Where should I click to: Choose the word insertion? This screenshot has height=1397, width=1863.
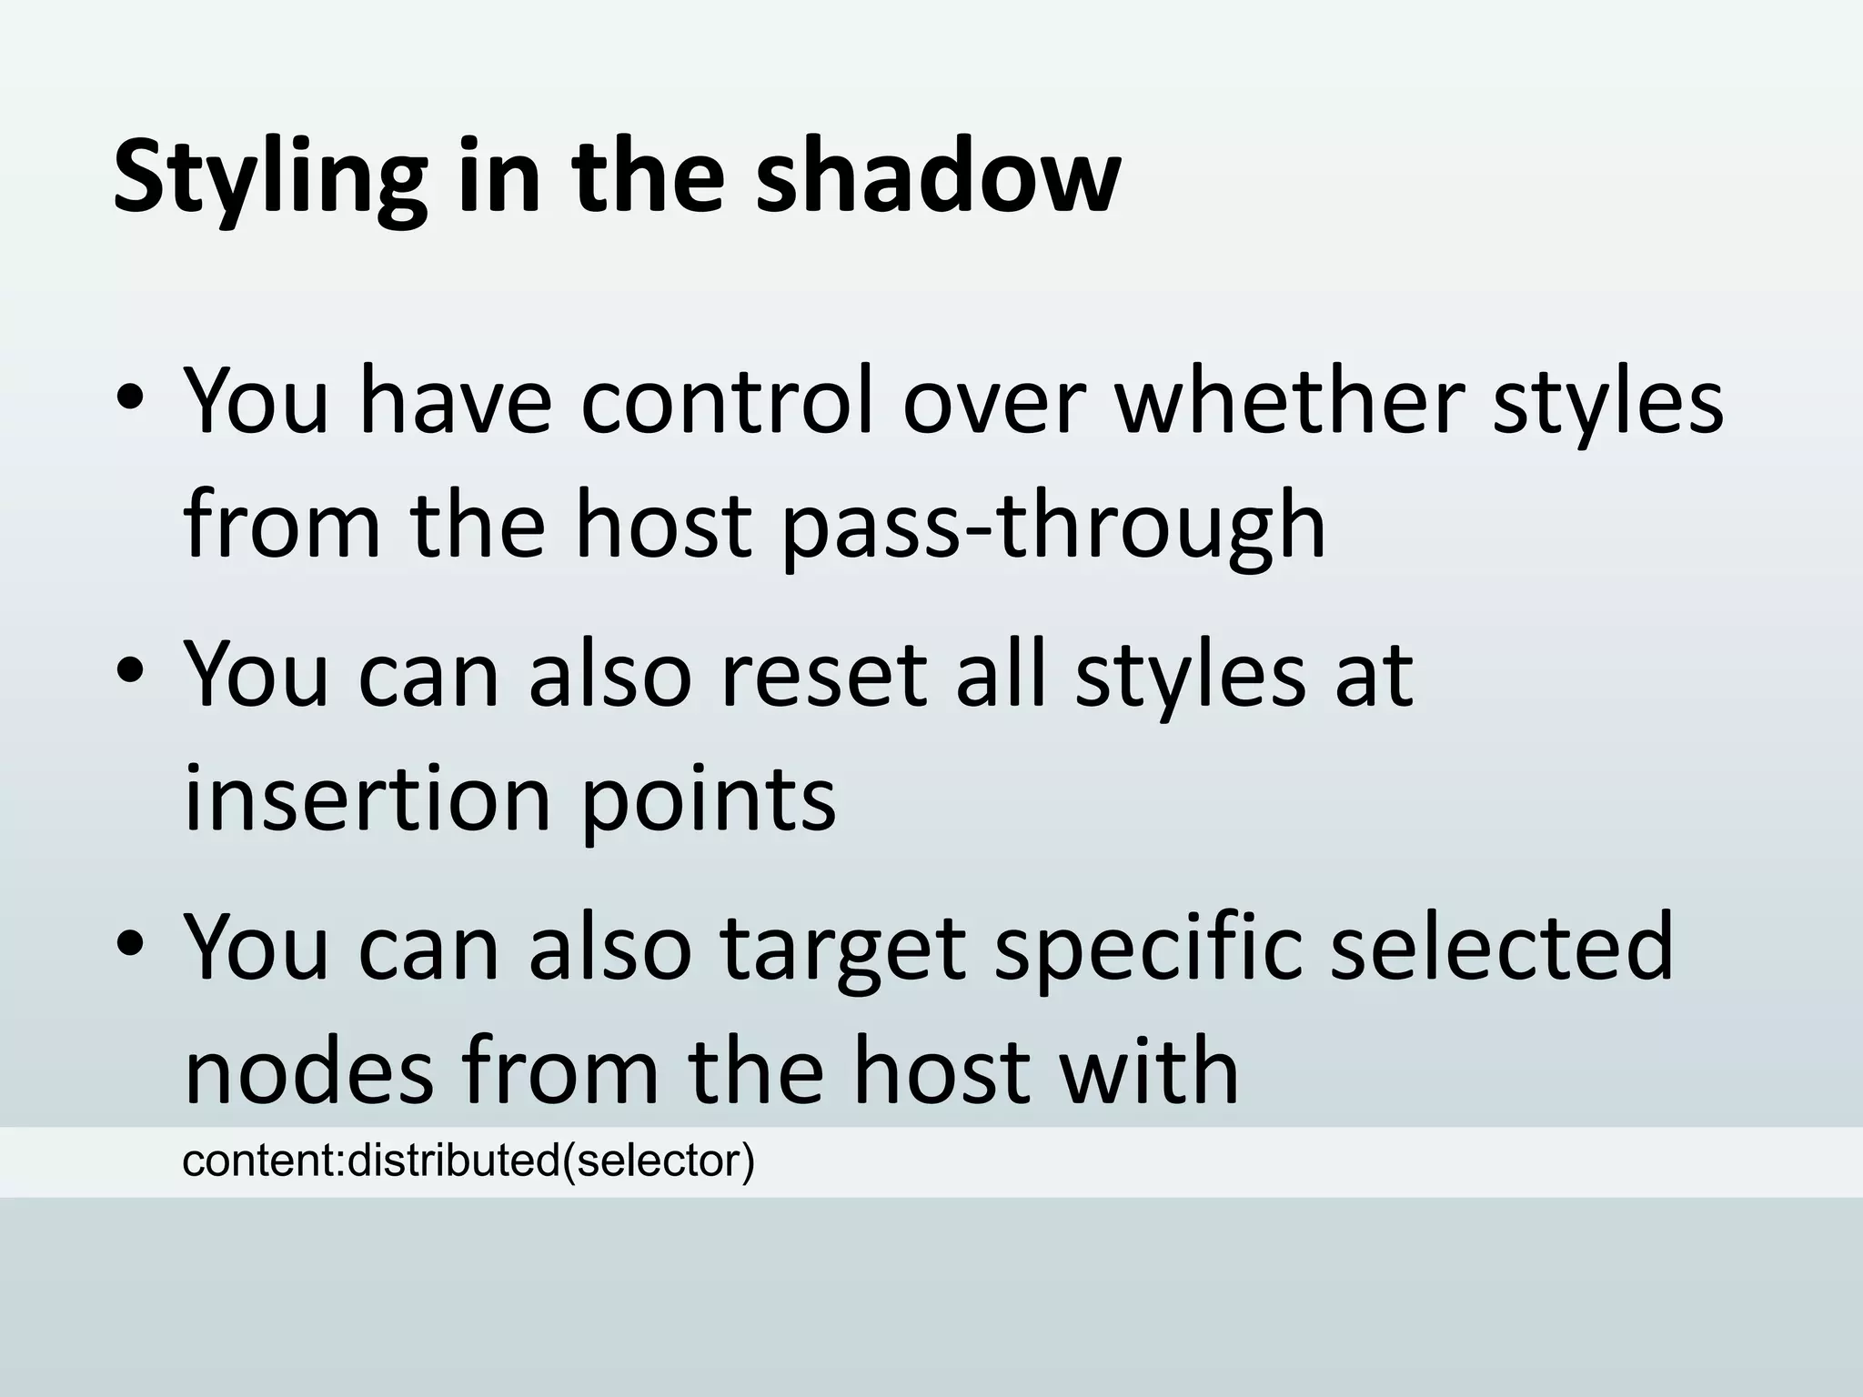(x=368, y=799)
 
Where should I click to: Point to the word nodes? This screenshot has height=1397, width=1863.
(x=309, y=1071)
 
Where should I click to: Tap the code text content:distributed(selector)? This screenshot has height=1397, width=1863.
(x=468, y=1161)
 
